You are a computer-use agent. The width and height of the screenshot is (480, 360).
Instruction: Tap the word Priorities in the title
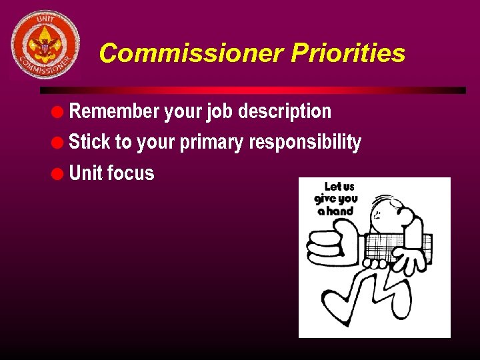point(347,53)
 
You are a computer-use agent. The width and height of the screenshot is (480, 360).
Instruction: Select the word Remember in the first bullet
point(115,111)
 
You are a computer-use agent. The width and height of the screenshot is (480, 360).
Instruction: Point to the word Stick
point(89,142)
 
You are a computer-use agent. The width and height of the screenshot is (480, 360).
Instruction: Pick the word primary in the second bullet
point(213,143)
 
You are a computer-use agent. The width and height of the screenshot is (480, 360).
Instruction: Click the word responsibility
point(305,143)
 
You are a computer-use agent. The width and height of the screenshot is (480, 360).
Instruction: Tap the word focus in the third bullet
point(131,173)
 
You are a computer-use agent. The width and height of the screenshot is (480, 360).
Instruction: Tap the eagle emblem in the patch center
point(45,45)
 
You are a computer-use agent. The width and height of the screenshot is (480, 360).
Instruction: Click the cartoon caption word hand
point(340,211)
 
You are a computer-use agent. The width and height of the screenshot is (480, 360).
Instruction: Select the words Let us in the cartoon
point(339,187)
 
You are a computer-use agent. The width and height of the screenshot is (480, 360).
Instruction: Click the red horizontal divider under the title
point(253,90)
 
